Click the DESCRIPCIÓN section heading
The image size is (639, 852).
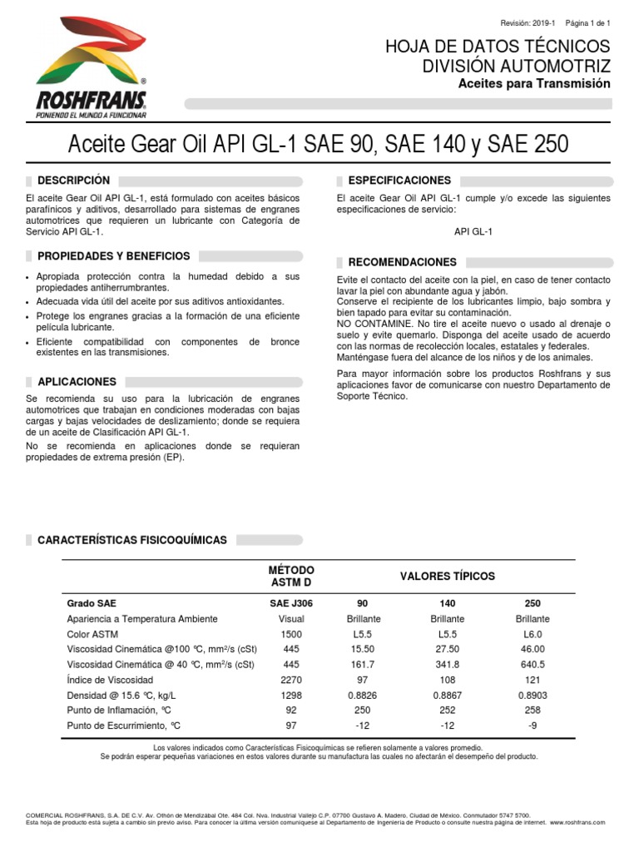point(73,181)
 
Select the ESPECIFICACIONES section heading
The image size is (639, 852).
point(399,181)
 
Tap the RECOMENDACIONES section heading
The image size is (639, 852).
point(403,262)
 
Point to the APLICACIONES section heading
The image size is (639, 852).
point(77,382)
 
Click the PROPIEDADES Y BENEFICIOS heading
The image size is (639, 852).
point(114,256)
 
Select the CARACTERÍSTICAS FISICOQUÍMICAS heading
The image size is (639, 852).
point(132,540)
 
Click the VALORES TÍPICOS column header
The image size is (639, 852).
point(447,576)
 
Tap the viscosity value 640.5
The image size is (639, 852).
point(532,665)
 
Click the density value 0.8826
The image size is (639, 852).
point(363,695)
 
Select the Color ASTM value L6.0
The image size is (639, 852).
point(532,634)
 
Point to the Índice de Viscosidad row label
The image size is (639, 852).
point(111,680)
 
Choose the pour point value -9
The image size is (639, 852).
point(532,726)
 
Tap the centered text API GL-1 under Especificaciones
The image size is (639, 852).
point(473,232)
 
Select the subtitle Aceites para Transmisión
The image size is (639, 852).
point(534,84)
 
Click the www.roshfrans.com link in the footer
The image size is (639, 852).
point(577,822)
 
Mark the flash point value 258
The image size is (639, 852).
point(532,711)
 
